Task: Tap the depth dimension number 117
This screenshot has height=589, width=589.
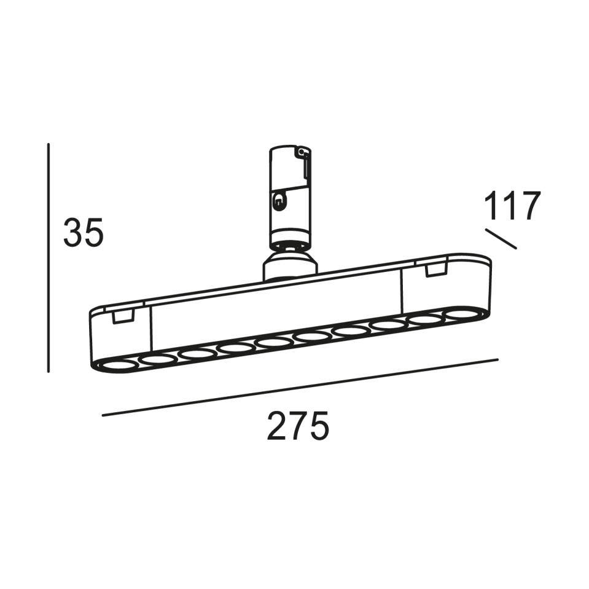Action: (512, 206)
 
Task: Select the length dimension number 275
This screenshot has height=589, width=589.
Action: (298, 425)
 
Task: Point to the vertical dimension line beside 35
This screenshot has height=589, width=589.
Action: (48, 258)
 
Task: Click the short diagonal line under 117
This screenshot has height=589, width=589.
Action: (501, 239)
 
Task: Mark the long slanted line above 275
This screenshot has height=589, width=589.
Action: (300, 387)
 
